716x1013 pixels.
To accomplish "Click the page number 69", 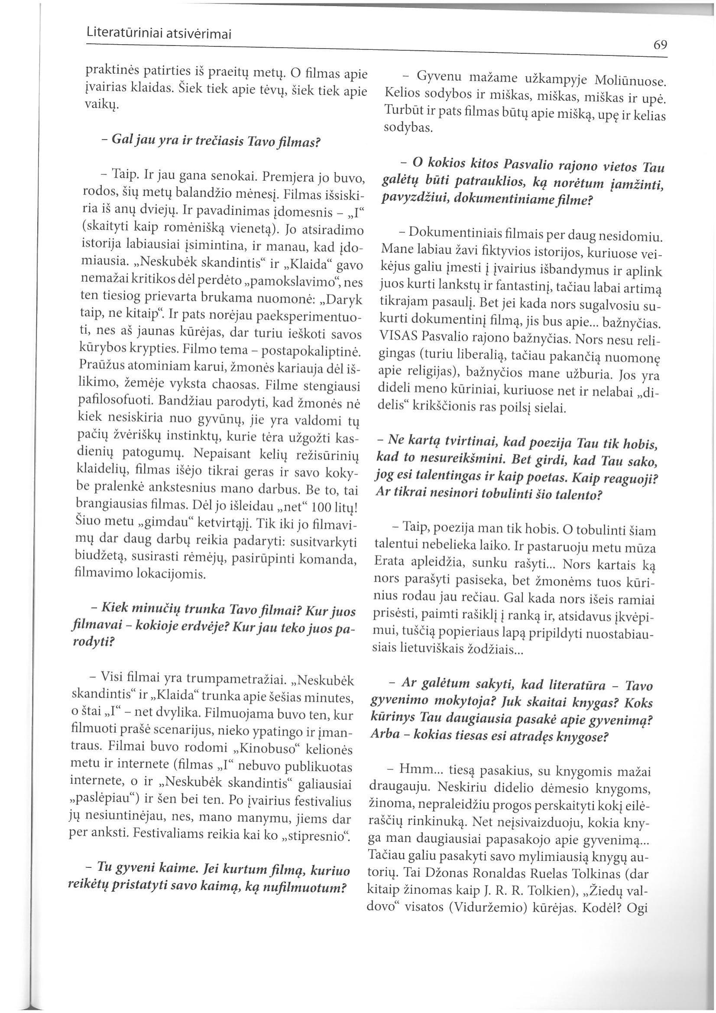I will pyautogui.click(x=660, y=45).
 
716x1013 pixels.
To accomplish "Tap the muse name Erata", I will pyautogui.click(x=390, y=566).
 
